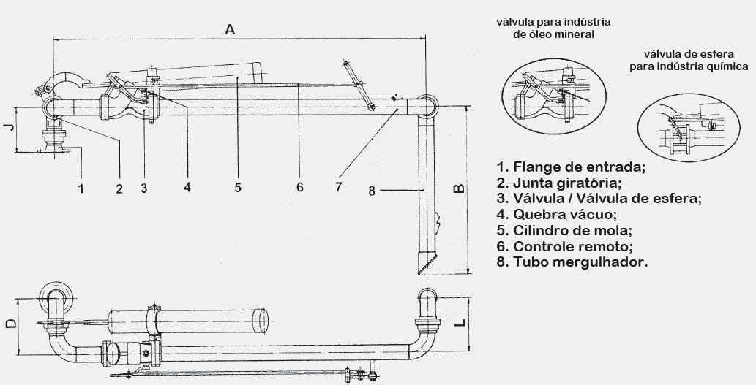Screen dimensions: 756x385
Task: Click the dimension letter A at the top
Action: tap(230, 29)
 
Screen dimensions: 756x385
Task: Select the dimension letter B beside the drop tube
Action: tap(460, 188)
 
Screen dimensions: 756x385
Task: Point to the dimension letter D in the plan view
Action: tap(10, 323)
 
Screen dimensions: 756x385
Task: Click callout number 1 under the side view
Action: tap(81, 188)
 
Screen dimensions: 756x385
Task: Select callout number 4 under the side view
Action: tap(187, 187)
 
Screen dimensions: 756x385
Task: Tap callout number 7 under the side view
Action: tap(338, 186)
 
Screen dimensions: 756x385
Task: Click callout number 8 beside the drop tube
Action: tap(371, 191)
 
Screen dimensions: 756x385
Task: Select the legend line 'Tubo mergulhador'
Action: tap(572, 262)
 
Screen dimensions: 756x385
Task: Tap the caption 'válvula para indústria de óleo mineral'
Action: tap(553, 28)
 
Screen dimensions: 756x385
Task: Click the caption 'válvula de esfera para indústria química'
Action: tap(689, 60)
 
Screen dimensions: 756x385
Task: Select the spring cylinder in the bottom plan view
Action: tap(188, 321)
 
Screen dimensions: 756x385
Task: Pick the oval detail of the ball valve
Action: tap(689, 128)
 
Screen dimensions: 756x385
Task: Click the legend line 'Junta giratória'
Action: tap(559, 183)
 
